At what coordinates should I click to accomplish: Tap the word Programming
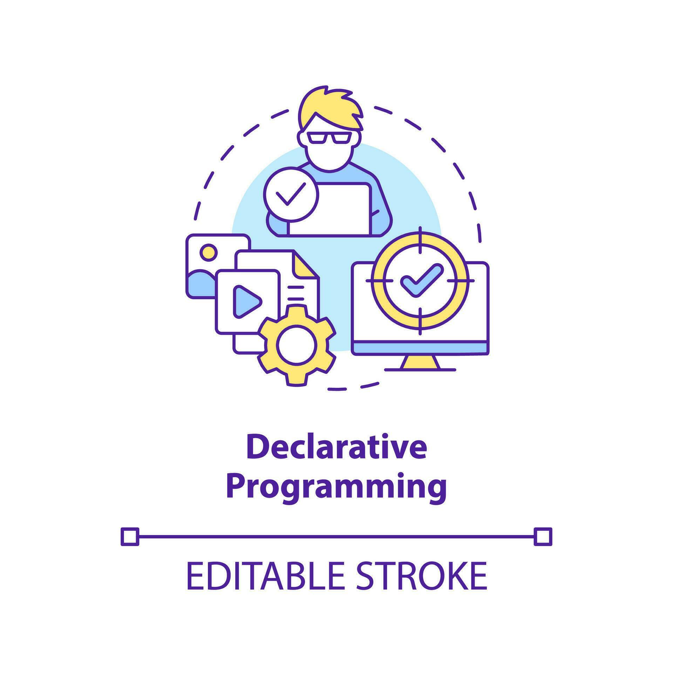point(336,486)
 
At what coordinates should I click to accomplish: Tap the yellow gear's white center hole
point(297,345)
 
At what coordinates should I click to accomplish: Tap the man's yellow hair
point(329,105)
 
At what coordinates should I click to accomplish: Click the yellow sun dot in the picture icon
point(208,252)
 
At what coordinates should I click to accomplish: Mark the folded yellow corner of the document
point(304,265)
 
